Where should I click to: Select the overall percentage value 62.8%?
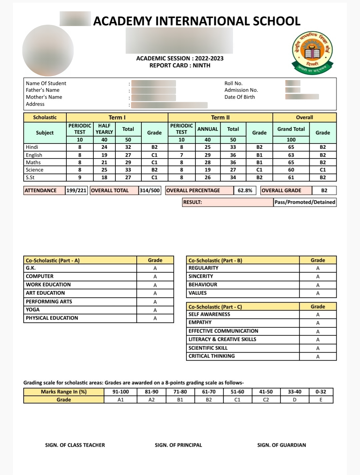pos(245,190)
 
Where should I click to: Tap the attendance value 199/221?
pos(76,190)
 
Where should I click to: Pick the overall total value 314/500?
pos(150,190)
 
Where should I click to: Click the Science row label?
pos(35,170)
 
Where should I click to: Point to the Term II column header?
pos(220,117)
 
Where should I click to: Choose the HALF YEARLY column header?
pos(104,129)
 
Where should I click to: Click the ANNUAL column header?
pos(207,129)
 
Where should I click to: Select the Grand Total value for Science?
pos(291,170)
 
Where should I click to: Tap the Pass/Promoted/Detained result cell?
pos(305,202)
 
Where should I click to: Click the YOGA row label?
pos(33,310)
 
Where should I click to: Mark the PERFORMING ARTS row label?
pos(49,302)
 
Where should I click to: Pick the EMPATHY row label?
pos(200,323)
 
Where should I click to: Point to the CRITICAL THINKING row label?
pos(212,356)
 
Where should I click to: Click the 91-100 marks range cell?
pos(120,392)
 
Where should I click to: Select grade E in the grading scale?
pos(321,400)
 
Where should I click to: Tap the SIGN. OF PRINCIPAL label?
pos(178,445)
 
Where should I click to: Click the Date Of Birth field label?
pos(239,97)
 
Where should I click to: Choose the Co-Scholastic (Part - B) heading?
pos(215,261)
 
